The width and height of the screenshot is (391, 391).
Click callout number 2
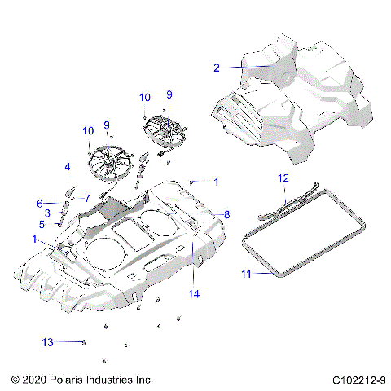point(217,68)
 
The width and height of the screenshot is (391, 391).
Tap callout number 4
point(68,167)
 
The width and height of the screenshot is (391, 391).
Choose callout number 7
point(86,198)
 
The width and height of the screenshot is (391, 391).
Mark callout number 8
point(227,215)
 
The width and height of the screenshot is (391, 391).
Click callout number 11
point(246,275)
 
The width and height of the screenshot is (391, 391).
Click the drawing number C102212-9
point(358,380)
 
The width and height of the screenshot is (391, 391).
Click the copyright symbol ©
point(15,380)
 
